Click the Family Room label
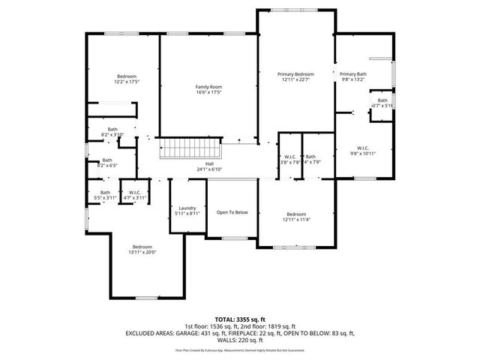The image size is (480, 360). pos(209,87)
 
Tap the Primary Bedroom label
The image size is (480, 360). pos(295,74)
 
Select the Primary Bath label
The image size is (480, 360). pos(352,74)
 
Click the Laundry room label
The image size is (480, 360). pos(187,208)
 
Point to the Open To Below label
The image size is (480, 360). pos(232,212)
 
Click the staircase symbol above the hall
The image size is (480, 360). pos(190,148)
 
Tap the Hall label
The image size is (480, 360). pos(210,163)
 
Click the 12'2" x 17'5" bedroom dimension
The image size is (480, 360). pos(127,82)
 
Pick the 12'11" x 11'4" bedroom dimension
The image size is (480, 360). pos(295,220)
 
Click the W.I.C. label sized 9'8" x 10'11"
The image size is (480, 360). pos(363,148)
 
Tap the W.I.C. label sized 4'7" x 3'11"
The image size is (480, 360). pos(136,192)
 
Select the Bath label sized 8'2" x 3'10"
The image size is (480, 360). pos(112,129)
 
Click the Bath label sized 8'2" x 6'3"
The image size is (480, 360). pos(107,160)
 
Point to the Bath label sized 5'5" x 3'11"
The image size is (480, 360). pos(105,192)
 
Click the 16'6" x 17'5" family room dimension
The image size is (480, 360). pos(209,93)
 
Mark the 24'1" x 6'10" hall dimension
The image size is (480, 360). pos(210,169)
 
